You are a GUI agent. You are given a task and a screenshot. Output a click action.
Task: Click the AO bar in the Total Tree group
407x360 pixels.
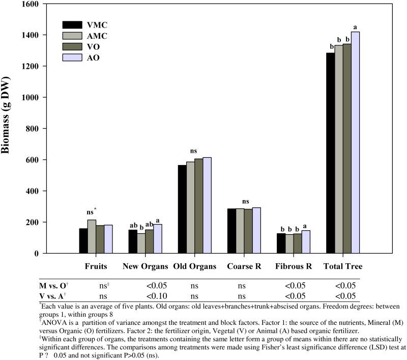click(355, 143)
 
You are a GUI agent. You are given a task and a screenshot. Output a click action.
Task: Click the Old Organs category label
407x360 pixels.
click(194, 266)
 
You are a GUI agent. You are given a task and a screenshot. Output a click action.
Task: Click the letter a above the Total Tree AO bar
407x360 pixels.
click(355, 27)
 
